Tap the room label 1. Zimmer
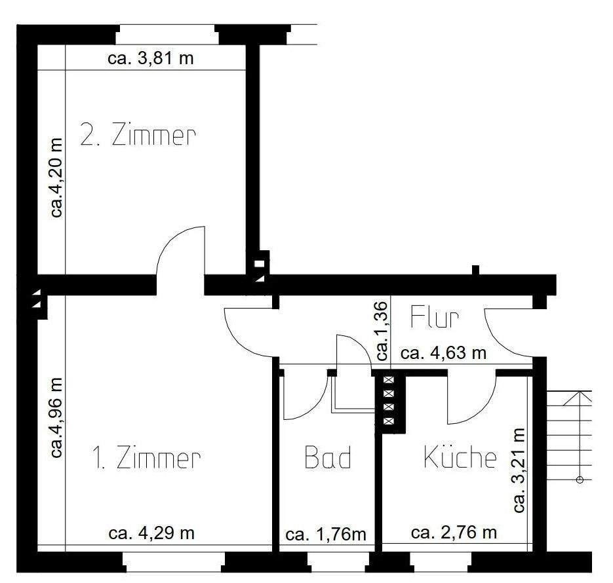(x=146, y=459)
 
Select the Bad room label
(x=328, y=458)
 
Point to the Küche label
(x=460, y=457)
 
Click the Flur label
(x=435, y=317)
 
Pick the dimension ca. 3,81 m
(x=150, y=59)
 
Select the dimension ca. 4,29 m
(x=151, y=533)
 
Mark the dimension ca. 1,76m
(x=326, y=534)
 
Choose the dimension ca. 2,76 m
(x=454, y=533)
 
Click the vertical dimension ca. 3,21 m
(x=519, y=470)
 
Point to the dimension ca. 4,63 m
(x=443, y=354)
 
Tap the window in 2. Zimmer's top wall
(x=167, y=34)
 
